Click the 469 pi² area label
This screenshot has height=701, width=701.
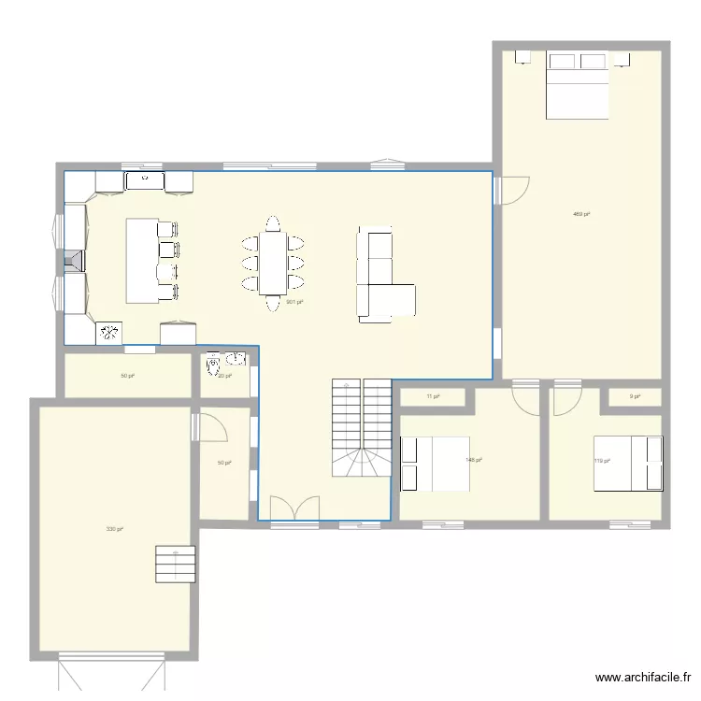[x=580, y=214]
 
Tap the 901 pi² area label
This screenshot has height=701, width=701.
[x=293, y=302]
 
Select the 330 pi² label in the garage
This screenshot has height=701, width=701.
[x=115, y=529]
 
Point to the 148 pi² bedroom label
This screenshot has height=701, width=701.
[x=473, y=460]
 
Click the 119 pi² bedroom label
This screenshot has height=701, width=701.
[x=601, y=460]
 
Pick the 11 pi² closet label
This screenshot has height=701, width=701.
[x=433, y=396]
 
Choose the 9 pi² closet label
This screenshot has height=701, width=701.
[x=635, y=396]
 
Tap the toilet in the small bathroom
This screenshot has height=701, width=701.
[x=214, y=360]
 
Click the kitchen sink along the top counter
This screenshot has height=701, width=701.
[x=145, y=179]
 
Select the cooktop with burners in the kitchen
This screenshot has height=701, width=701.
[x=110, y=331]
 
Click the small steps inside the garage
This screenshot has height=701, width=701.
[x=176, y=565]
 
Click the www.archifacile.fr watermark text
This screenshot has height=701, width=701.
[x=644, y=679]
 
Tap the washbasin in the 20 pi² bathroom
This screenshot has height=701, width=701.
[x=235, y=357]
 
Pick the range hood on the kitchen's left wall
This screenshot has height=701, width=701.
[x=73, y=260]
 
